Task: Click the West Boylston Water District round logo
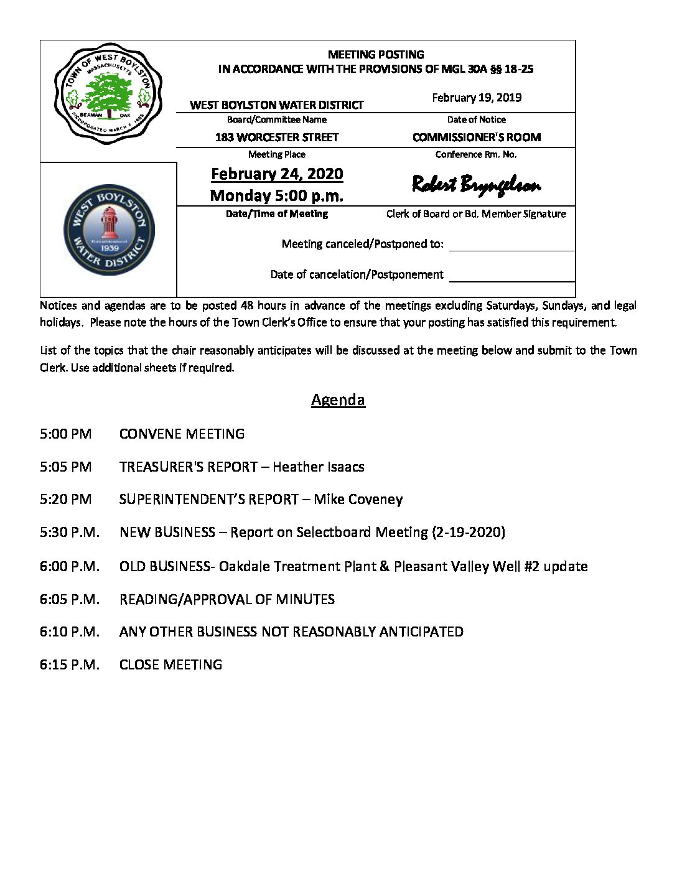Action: click(x=109, y=230)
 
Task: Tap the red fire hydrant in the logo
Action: click(x=109, y=223)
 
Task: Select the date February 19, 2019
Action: click(x=477, y=98)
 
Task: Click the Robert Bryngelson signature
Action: click(x=476, y=185)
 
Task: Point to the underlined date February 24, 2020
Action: click(x=277, y=174)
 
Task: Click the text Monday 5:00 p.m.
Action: click(x=277, y=196)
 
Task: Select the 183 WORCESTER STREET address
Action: click(x=277, y=137)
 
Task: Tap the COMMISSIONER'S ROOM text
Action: click(x=477, y=137)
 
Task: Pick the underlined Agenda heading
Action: click(x=338, y=399)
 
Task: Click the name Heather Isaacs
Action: click(x=319, y=467)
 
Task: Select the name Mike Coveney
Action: click(x=358, y=499)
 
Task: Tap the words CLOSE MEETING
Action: click(x=170, y=664)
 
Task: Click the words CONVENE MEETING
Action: click(x=182, y=434)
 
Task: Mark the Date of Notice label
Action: click(x=477, y=119)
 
